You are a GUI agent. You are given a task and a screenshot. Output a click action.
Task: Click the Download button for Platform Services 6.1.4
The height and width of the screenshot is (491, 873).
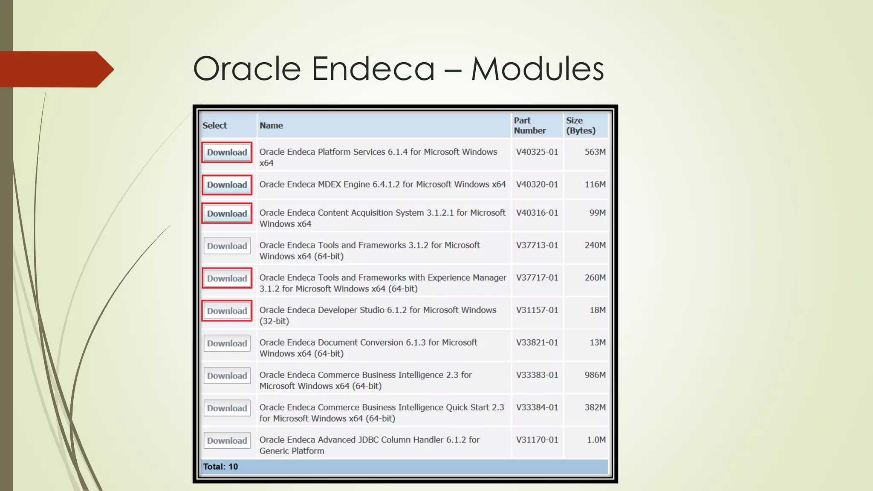(x=227, y=153)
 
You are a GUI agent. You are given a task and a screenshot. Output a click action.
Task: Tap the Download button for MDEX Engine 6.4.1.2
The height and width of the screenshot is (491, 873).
(x=227, y=185)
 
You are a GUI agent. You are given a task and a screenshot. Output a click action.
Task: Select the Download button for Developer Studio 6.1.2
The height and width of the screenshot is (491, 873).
(x=227, y=311)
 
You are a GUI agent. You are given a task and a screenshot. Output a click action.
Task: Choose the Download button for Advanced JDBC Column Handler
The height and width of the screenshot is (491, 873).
(x=227, y=441)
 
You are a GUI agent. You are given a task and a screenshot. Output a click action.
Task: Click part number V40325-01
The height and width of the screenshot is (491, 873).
(x=537, y=152)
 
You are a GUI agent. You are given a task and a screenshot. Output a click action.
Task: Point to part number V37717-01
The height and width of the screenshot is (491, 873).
(x=537, y=278)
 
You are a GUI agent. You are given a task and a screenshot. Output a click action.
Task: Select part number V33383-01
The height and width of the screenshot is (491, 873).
(x=537, y=375)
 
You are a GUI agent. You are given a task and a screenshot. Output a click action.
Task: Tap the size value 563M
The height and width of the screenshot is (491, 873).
(x=595, y=152)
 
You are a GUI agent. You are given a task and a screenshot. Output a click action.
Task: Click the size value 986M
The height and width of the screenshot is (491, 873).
(x=595, y=375)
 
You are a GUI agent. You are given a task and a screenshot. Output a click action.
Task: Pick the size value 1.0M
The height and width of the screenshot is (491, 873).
(x=596, y=440)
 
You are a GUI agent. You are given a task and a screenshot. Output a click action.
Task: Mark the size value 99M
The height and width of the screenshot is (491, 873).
(x=597, y=213)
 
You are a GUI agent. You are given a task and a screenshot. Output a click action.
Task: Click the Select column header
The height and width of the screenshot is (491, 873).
(x=215, y=126)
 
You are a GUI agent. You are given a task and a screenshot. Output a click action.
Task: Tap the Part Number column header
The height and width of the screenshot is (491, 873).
(x=529, y=126)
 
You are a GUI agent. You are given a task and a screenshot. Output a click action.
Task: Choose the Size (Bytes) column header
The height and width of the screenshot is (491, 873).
(x=581, y=126)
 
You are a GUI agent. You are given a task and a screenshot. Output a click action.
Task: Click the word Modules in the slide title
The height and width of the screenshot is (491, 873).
(x=537, y=69)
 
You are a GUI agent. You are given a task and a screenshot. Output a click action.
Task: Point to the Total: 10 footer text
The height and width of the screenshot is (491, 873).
(x=220, y=467)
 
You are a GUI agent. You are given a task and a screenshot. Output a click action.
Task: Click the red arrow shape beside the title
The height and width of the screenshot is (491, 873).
(x=55, y=69)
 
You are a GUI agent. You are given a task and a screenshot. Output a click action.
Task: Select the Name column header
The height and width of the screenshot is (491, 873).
(x=271, y=126)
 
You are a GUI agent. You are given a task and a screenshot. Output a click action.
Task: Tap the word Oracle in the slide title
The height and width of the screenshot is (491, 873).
(x=247, y=69)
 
